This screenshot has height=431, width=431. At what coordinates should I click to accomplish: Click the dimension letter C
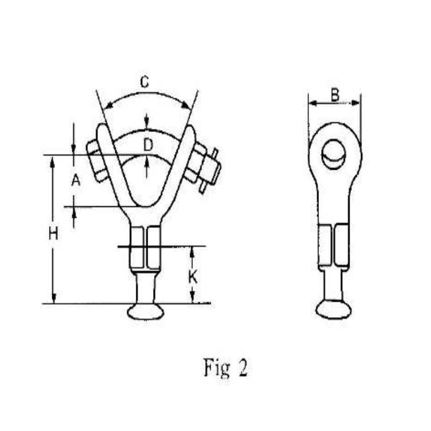144,82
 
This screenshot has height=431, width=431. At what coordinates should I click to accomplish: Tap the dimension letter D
149,144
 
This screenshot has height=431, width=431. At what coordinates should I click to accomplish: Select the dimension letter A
76,181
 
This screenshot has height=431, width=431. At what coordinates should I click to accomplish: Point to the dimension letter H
52,234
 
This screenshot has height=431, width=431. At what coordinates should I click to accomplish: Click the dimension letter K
193,277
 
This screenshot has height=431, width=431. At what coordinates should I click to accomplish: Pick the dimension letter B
335,95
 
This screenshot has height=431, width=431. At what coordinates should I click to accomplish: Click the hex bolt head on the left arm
97,161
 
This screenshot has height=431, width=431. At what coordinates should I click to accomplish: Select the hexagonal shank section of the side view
333,246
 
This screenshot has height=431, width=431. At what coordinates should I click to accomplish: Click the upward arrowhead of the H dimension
53,161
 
